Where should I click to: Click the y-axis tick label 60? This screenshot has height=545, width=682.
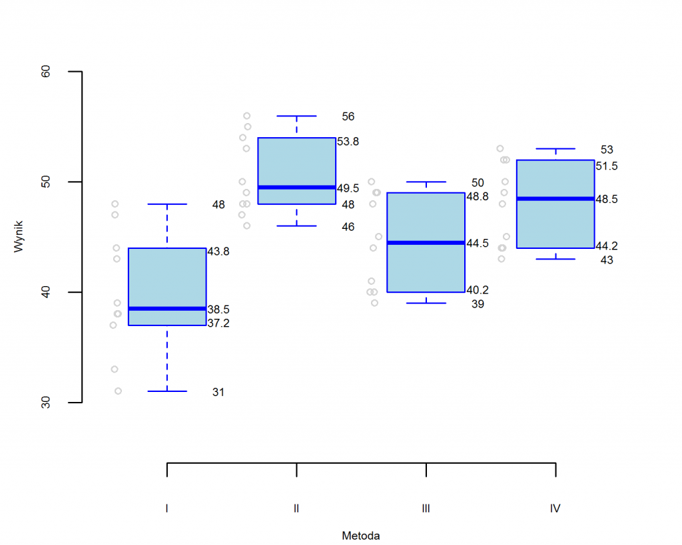[x=46, y=71]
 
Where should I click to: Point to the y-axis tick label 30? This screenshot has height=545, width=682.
[x=46, y=402]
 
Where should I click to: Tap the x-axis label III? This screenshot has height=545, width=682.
[x=426, y=508]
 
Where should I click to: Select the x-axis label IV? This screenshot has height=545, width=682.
[x=555, y=508]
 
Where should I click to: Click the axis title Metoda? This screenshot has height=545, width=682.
[x=360, y=535]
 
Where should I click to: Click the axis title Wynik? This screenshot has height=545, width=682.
[x=19, y=236]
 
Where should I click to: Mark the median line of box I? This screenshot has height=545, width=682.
[x=167, y=309]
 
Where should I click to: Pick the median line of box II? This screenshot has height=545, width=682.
[x=296, y=188]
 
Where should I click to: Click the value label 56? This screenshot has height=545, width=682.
[x=348, y=116]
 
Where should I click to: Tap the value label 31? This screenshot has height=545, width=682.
[x=218, y=393]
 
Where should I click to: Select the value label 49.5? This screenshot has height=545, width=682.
[x=348, y=188]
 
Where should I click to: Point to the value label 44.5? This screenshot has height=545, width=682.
[x=478, y=244]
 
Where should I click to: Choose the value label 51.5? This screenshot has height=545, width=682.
[x=607, y=166]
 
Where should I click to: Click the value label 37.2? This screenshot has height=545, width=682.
[x=218, y=323]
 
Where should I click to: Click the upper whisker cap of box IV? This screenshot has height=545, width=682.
[x=555, y=148]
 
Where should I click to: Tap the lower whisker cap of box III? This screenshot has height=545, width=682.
[x=426, y=303]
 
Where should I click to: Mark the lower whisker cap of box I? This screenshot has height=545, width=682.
[x=167, y=391]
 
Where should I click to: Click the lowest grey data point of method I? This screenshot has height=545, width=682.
[x=118, y=391]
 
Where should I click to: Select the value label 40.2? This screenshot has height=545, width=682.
[x=478, y=289]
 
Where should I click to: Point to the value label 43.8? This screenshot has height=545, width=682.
[x=218, y=252]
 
